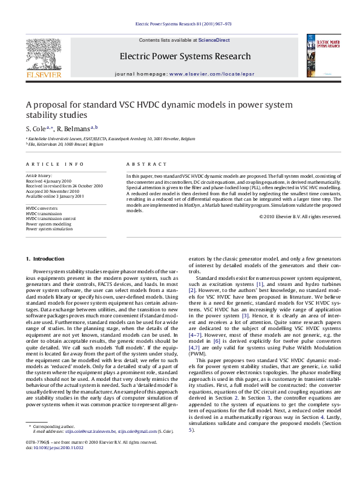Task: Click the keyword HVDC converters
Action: coord(42,207)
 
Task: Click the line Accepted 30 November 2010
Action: coord(55,190)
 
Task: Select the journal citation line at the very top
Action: coord(180,24)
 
